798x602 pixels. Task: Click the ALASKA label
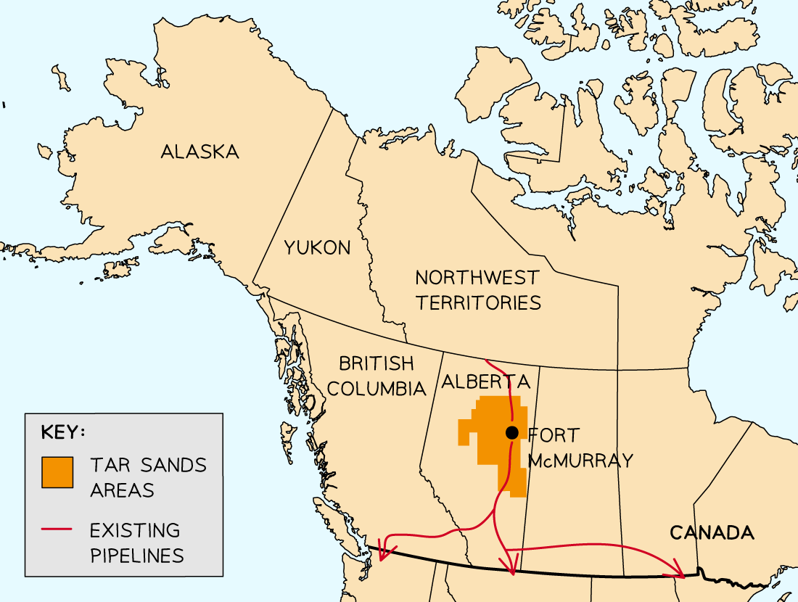(199, 152)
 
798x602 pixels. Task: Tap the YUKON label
(317, 247)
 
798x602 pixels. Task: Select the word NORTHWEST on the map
(477, 277)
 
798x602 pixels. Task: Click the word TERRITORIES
(478, 302)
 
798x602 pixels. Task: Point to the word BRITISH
(376, 363)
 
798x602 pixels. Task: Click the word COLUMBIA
(376, 388)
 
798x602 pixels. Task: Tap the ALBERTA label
(485, 382)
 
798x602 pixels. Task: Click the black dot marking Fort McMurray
(512, 433)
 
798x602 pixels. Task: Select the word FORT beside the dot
(554, 435)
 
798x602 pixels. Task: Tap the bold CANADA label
(711, 533)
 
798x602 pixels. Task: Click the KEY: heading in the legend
(63, 432)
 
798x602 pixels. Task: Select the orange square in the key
(57, 473)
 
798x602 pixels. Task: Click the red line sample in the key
(57, 530)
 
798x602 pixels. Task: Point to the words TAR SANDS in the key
(148, 465)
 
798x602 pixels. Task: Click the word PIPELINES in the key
(136, 556)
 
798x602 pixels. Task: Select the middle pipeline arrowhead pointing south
(512, 569)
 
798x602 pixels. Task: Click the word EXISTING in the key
(135, 530)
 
